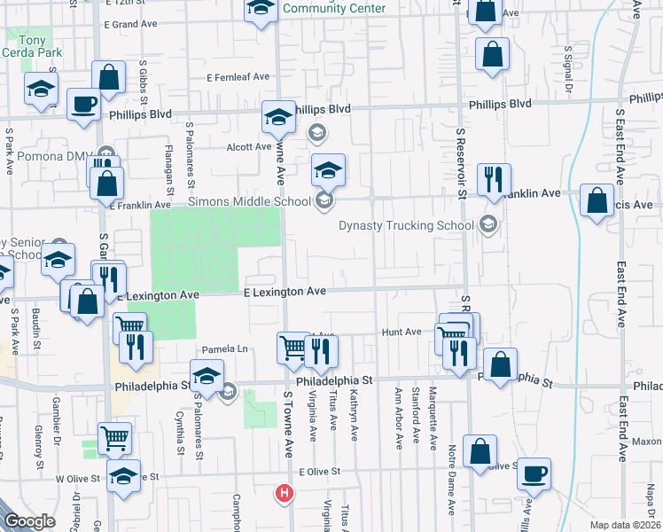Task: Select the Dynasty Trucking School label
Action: tap(406, 225)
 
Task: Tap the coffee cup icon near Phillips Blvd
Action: tap(83, 104)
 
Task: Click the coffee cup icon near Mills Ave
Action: tap(534, 474)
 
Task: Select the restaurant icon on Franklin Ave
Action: tap(492, 179)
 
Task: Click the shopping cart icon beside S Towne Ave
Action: tap(292, 348)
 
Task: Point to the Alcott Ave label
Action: tap(248, 146)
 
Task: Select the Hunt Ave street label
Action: tap(401, 332)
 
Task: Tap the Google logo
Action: tap(30, 521)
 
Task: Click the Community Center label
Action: tap(335, 8)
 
